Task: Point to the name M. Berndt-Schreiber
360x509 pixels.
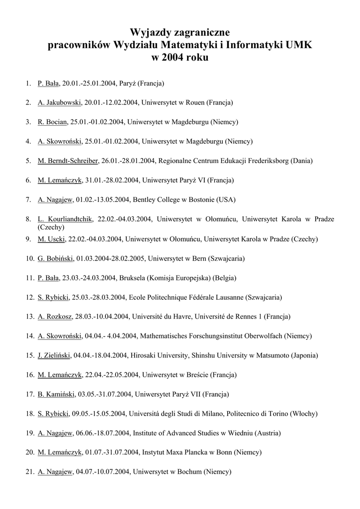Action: tap(68, 161)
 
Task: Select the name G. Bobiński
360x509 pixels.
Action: tap(56, 258)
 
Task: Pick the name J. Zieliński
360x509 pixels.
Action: tap(54, 356)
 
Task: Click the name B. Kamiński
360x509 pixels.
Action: tap(56, 395)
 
